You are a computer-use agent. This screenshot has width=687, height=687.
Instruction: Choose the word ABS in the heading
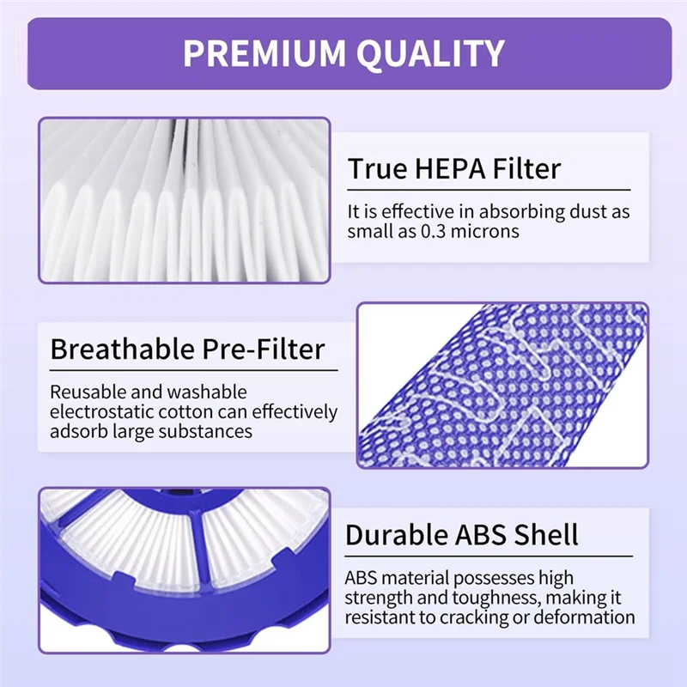(x=487, y=535)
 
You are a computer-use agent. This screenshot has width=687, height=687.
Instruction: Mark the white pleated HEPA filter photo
(x=184, y=199)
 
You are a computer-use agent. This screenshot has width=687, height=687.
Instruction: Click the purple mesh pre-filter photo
(x=502, y=385)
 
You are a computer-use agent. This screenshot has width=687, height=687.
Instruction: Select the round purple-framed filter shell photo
(x=184, y=569)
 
